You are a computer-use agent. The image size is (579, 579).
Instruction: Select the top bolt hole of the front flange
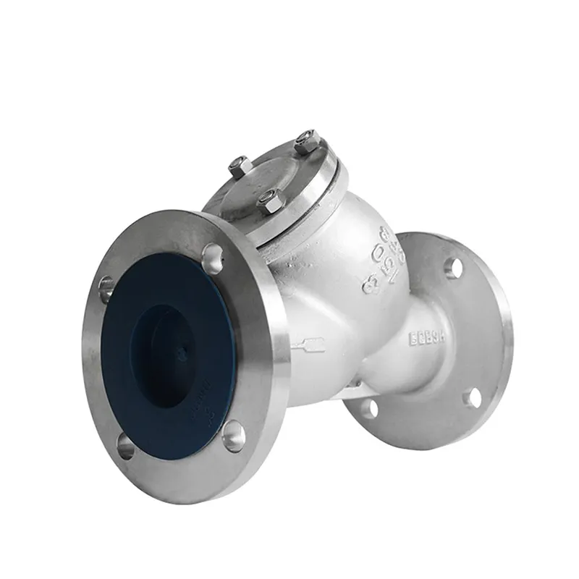point(212,257)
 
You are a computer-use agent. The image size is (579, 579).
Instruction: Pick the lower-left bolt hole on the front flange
point(125,446)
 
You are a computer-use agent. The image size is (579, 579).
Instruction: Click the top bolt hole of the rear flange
point(454,267)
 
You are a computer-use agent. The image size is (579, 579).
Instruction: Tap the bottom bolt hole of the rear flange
point(368,409)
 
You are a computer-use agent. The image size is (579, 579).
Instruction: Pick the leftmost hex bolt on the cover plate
point(240,168)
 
